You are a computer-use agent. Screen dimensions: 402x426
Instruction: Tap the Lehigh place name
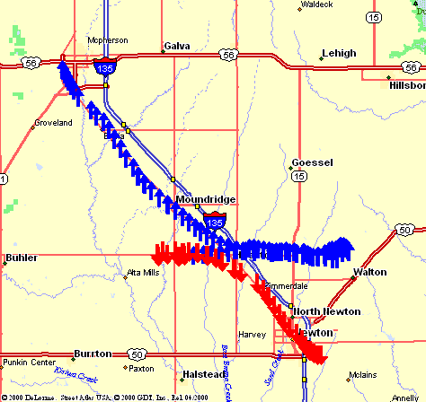pos(338,53)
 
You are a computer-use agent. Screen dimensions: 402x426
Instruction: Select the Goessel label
pos(312,163)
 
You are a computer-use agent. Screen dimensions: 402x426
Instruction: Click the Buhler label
pos(22,258)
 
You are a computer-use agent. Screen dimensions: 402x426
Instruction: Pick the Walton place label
pos(370,271)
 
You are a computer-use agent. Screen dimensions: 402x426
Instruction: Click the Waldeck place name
pos(316,4)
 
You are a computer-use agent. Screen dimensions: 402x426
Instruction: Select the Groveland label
pos(52,122)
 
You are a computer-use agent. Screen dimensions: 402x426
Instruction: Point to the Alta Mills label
pos(143,272)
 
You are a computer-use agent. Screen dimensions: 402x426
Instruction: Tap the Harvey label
pos(252,335)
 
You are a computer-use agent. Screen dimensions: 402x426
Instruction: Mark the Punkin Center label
pos(29,363)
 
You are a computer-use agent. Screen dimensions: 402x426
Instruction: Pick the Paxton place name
pos(141,369)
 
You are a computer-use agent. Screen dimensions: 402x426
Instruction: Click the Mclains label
pos(363,373)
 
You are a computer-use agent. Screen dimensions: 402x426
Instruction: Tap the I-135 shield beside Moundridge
pos(214,221)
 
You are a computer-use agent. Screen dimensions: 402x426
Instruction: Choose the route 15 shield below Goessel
pos(297,179)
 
